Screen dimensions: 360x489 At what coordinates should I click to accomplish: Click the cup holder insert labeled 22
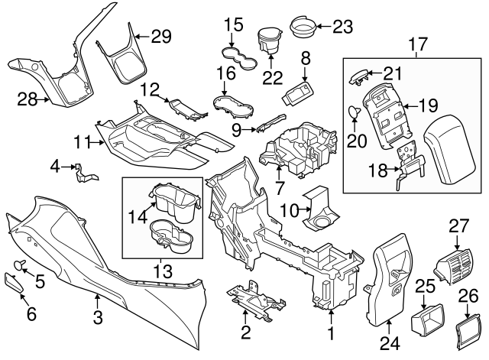268,41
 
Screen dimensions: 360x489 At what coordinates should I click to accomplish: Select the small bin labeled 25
424,319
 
